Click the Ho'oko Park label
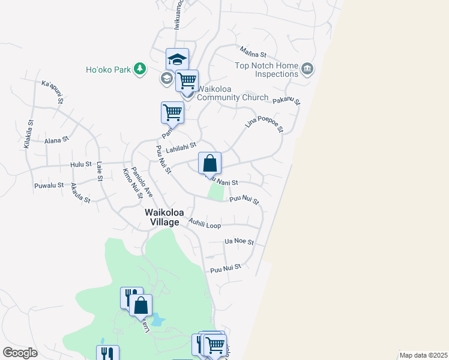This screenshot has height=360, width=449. point(108,70)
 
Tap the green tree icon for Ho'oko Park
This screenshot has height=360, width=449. point(140,69)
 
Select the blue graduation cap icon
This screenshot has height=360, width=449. point(178,59)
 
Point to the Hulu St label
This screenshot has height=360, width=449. point(80,164)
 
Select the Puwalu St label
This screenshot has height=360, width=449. point(49,185)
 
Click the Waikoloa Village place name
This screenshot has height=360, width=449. point(161,217)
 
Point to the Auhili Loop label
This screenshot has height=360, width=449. point(205,224)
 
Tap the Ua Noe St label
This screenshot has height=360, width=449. point(239,242)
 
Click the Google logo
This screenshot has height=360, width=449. point(20,353)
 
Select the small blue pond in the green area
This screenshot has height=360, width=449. point(157,320)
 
